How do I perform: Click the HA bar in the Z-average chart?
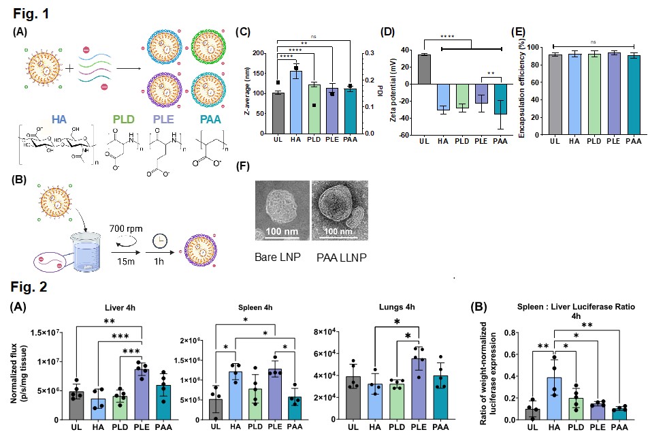296,102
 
